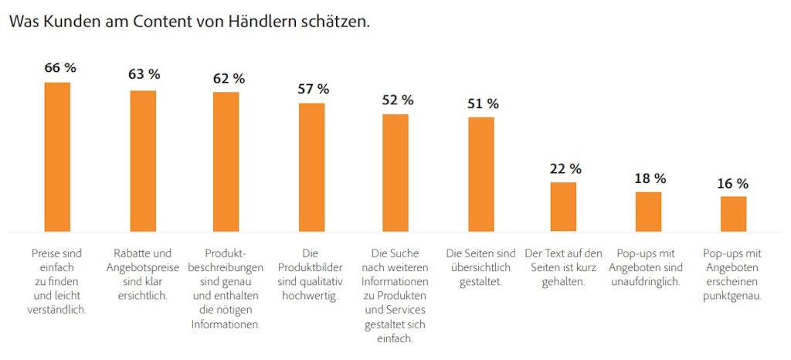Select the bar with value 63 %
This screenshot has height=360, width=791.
(x=143, y=161)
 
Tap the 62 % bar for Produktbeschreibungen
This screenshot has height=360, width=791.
(x=226, y=161)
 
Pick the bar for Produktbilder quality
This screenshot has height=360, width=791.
(x=311, y=167)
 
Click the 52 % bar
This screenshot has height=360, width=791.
(x=395, y=172)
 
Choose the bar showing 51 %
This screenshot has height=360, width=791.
(x=480, y=174)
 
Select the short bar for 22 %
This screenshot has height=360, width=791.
(x=563, y=206)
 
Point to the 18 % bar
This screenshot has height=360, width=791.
(x=648, y=211)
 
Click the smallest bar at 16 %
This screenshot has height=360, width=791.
(x=733, y=213)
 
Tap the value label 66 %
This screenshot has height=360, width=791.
(x=60, y=68)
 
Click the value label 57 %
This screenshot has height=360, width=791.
(x=314, y=89)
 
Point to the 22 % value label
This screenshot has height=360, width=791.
(x=565, y=168)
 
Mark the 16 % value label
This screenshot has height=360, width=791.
(x=732, y=184)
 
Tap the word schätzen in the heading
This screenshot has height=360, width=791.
(x=341, y=22)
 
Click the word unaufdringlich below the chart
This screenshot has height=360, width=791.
(x=648, y=282)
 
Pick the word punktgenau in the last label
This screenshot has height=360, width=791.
(x=732, y=296)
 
